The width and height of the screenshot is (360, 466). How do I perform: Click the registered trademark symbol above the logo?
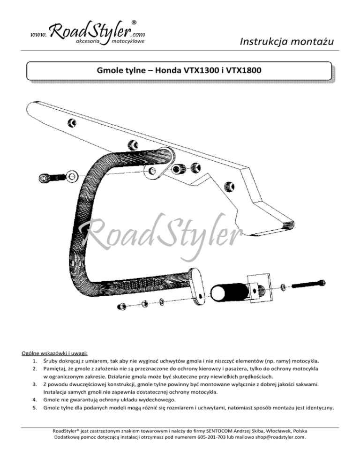tap(135, 22)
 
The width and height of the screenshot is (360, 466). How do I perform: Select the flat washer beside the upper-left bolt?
tap(72, 176)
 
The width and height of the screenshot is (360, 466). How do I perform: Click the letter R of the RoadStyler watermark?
tap(92, 235)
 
